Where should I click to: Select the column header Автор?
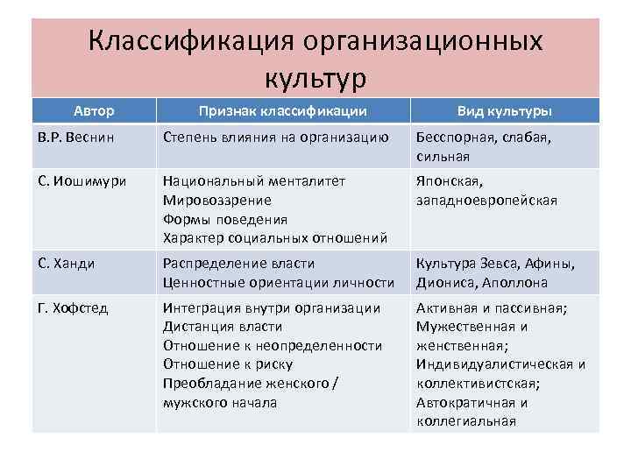(x=93, y=111)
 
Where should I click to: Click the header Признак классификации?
(x=282, y=111)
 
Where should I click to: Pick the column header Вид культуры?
(x=504, y=111)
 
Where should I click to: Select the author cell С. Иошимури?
(x=82, y=181)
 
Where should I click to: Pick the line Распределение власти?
(x=238, y=264)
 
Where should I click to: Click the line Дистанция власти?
(x=223, y=327)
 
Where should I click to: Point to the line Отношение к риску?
(x=228, y=364)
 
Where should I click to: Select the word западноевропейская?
(x=486, y=201)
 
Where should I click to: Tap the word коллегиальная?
(x=465, y=421)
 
